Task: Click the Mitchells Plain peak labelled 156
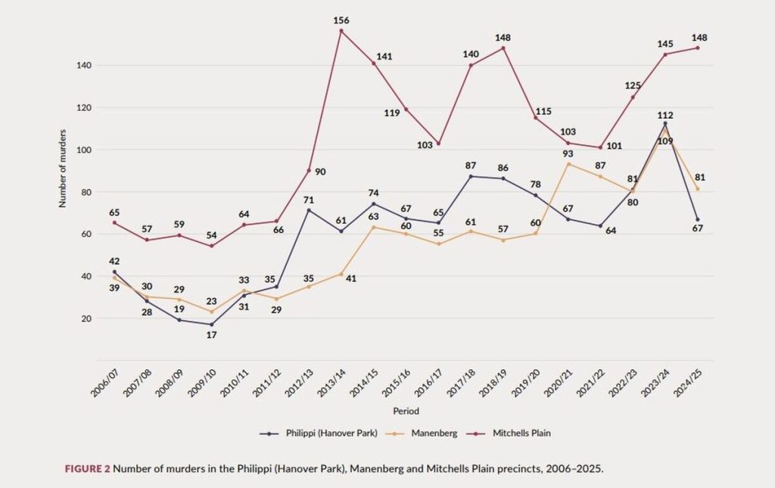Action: pyautogui.click(x=341, y=31)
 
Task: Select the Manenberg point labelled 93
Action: pyautogui.click(x=568, y=163)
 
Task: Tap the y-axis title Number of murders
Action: pyautogui.click(x=64, y=168)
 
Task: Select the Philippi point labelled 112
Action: pyautogui.click(x=665, y=123)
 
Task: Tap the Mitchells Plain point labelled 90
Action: pyautogui.click(x=309, y=170)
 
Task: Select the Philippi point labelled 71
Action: pyautogui.click(x=309, y=210)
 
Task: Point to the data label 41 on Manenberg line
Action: pyautogui.click(x=352, y=278)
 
